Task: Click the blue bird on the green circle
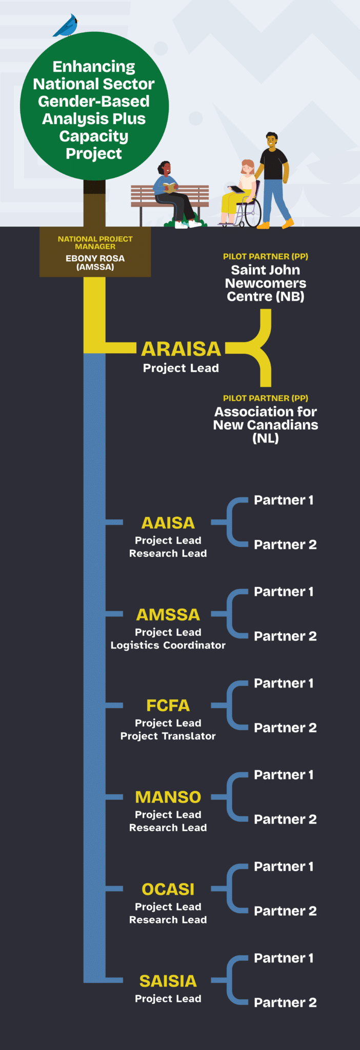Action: [66, 26]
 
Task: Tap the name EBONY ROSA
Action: [95, 258]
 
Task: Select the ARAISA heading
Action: [181, 349]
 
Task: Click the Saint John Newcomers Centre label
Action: [266, 283]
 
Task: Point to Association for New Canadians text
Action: [266, 425]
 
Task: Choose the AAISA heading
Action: [168, 523]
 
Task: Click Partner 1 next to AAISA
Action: [284, 500]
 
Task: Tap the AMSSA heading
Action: [168, 614]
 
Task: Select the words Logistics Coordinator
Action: [168, 645]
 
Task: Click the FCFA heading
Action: [168, 705]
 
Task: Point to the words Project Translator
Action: [168, 736]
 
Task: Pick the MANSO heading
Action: [168, 797]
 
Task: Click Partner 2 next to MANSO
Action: [285, 819]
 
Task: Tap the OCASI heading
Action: [168, 889]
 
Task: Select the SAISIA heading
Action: [168, 981]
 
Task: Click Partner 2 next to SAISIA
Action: [285, 1002]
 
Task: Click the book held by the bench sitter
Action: [170, 187]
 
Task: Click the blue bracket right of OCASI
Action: [230, 889]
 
